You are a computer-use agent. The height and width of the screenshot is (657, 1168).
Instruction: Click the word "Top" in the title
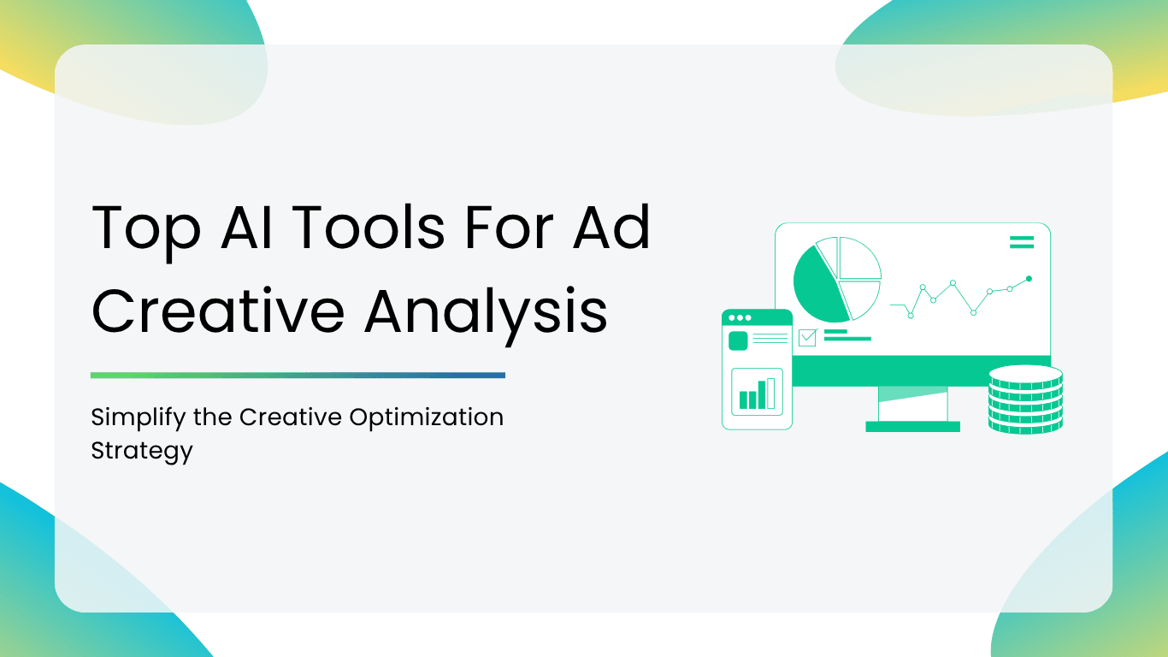146,230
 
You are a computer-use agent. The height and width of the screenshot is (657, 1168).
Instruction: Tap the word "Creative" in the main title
218,311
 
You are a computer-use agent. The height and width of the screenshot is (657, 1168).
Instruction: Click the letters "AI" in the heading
246,227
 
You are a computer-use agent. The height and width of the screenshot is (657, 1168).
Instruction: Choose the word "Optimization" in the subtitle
427,418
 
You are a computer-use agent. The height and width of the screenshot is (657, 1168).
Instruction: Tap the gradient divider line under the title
298,376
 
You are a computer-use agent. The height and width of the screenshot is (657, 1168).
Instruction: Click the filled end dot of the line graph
1029,279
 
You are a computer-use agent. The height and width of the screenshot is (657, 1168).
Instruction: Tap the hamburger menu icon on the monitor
1022,242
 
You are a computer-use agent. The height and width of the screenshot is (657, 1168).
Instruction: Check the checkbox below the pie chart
807,338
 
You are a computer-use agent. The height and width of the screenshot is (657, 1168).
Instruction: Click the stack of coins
1026,400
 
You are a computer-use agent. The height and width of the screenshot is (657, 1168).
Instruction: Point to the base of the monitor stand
912,427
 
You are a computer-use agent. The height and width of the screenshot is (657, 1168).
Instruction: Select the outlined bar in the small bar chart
770,394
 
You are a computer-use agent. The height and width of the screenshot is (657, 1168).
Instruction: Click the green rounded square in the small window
738,340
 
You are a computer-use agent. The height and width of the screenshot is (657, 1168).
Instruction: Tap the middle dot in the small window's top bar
740,317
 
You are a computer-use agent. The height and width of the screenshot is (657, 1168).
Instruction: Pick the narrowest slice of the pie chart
828,257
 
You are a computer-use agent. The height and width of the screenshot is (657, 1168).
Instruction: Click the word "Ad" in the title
611,227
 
